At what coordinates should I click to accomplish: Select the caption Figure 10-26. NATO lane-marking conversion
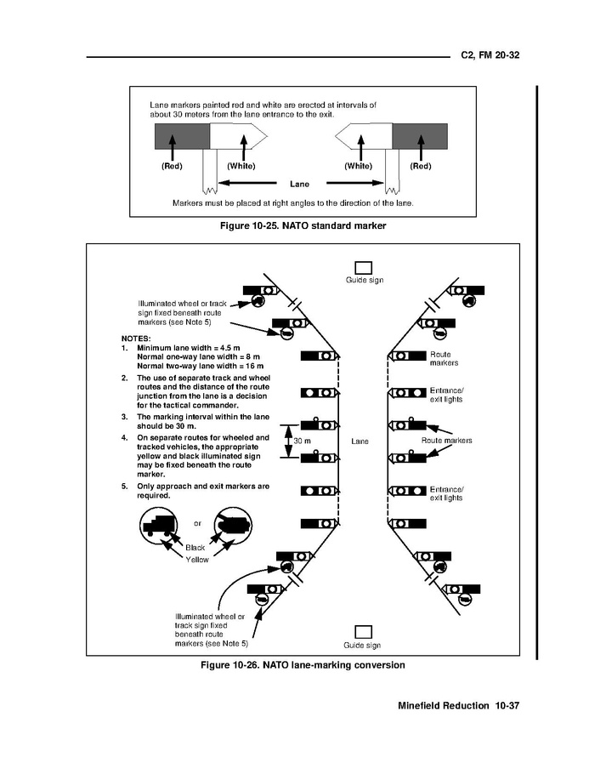coord(302,664)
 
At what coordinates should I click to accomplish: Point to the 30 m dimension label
coord(302,441)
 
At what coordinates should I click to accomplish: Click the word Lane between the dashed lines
coord(360,441)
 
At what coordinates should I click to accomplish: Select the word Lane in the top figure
coord(298,183)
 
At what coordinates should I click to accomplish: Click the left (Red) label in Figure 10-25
coord(172,166)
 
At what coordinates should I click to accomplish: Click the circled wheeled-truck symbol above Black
coord(159,526)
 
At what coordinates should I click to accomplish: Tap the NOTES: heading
coord(136,338)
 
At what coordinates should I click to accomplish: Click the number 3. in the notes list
coord(125,417)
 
